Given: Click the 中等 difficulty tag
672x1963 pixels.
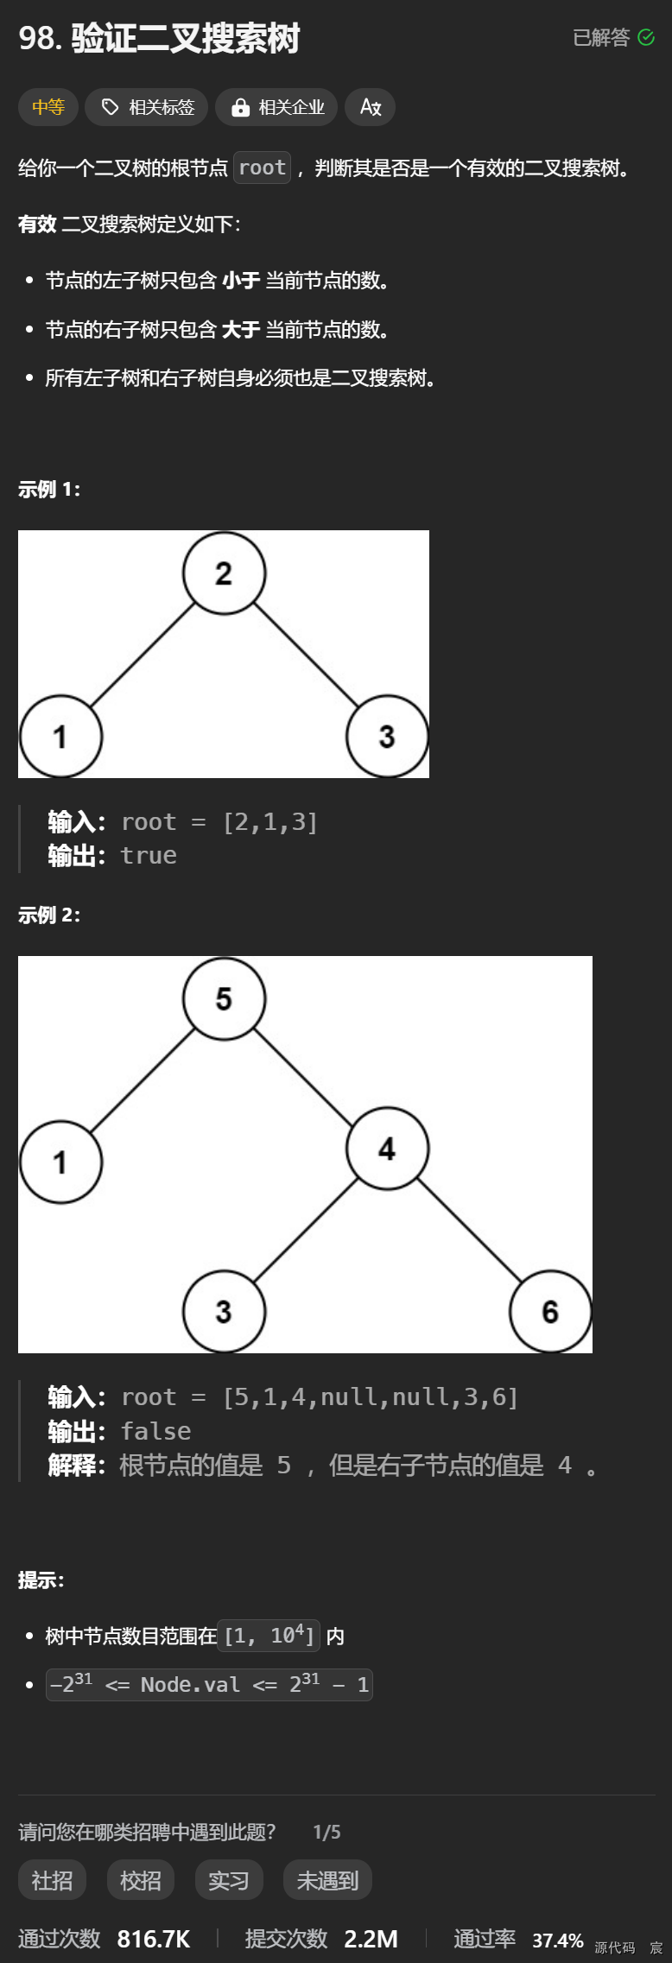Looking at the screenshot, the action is (x=48, y=107).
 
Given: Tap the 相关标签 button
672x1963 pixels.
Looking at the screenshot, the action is (x=147, y=107).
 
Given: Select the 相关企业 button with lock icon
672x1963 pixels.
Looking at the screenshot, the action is (x=276, y=107).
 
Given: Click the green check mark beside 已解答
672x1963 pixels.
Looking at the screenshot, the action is (x=646, y=37).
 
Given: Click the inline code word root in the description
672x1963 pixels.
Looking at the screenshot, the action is (x=262, y=168).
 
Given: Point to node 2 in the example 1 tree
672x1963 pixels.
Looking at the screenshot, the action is (x=224, y=573).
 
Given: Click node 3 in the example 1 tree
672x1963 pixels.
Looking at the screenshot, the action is (x=387, y=737).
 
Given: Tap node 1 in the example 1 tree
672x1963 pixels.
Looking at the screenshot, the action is (x=60, y=737).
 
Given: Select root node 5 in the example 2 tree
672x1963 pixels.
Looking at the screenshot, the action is (x=224, y=999).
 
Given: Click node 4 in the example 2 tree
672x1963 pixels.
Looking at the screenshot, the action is (x=387, y=1149).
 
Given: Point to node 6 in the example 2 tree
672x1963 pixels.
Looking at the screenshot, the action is (x=550, y=1312).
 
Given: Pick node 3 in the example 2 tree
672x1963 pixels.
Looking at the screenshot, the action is (x=224, y=1312).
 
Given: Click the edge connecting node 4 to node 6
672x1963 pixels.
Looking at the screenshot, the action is (x=470, y=1232).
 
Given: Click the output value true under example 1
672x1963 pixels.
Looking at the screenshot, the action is (x=149, y=856).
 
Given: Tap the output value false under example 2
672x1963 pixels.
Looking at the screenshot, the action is (x=155, y=1431).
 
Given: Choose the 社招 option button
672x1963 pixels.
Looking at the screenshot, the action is (x=52, y=1880).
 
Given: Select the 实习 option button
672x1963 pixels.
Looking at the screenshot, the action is (x=229, y=1880).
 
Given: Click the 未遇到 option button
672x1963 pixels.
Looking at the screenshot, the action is (x=327, y=1880).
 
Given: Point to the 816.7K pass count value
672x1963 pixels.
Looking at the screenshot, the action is (x=154, y=1939).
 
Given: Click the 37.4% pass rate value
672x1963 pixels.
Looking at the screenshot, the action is (x=557, y=1941).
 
